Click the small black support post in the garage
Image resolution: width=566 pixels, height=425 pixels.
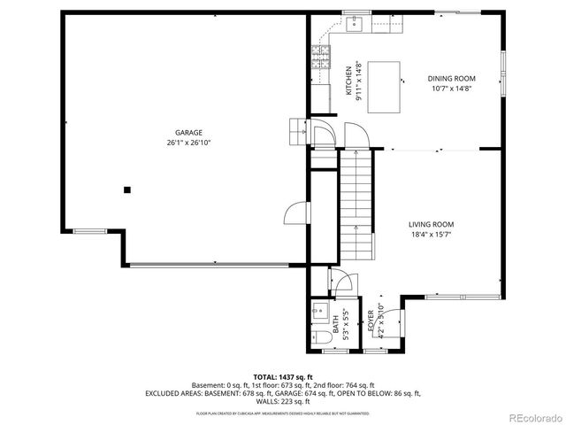pyautogui.click(x=127, y=189)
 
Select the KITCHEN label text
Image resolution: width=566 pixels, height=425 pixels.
pyautogui.click(x=348, y=81)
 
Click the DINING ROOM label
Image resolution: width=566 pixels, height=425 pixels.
pyautogui.click(x=451, y=78)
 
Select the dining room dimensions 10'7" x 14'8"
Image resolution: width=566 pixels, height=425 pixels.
pyautogui.click(x=451, y=88)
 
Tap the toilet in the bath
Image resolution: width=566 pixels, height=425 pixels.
pyautogui.click(x=318, y=337)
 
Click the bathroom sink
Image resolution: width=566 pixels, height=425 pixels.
pyautogui.click(x=319, y=312)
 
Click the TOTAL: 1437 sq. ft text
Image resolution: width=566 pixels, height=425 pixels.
pyautogui.click(x=283, y=376)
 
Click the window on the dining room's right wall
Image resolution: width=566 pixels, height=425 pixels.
pyautogui.click(x=503, y=75)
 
